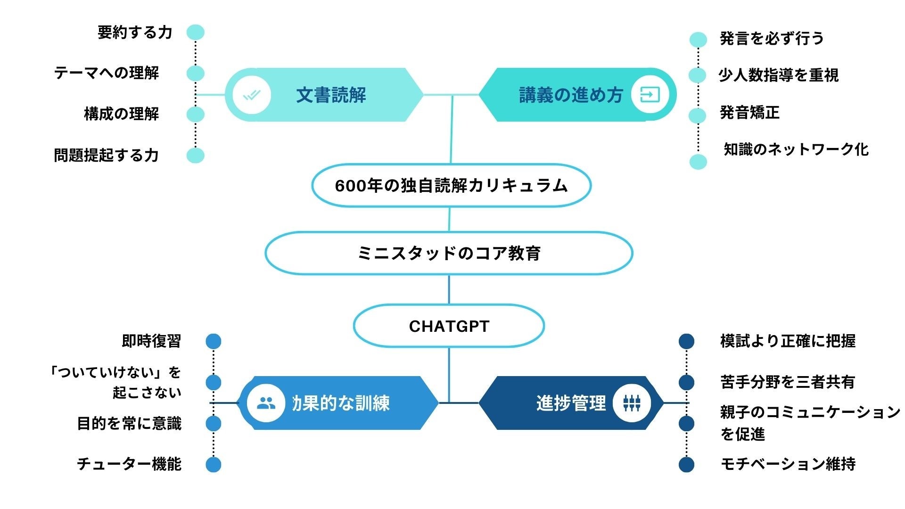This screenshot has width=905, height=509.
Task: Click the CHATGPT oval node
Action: [449, 326]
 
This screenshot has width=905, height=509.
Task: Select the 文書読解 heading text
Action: [331, 95]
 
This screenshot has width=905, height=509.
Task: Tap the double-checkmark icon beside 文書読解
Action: [252, 95]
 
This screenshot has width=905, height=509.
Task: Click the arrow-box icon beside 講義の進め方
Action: [650, 95]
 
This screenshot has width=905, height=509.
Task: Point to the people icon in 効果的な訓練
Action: [266, 403]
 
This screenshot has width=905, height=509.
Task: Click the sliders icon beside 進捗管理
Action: [632, 403]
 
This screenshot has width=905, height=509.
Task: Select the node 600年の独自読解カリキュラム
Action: [451, 186]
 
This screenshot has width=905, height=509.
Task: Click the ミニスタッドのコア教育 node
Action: [449, 253]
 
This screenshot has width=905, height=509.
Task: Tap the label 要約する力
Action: [135, 33]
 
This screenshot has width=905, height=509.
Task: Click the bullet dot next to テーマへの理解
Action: [196, 74]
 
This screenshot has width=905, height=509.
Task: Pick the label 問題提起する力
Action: [106, 155]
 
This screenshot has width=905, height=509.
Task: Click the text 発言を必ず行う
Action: [772, 39]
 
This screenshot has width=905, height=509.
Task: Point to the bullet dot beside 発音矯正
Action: [698, 115]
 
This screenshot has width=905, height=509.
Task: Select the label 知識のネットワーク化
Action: [796, 149]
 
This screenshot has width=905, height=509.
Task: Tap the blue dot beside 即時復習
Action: [214, 341]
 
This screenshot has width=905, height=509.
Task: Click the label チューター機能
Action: [129, 464]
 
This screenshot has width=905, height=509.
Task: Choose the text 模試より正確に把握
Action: [788, 341]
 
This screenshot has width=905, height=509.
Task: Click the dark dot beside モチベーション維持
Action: [686, 464]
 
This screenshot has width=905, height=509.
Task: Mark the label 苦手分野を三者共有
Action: [788, 382]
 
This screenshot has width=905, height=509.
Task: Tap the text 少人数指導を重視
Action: [778, 75]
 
